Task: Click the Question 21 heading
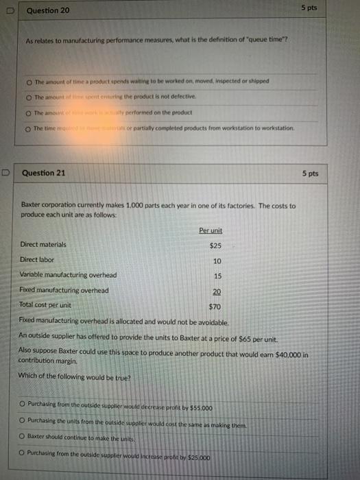(x=44, y=173)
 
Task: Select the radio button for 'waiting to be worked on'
(x=30, y=81)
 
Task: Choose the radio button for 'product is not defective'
(x=30, y=97)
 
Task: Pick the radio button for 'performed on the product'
(x=30, y=112)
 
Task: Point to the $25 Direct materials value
(x=216, y=245)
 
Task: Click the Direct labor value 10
(x=217, y=261)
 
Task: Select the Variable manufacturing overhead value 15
(x=217, y=276)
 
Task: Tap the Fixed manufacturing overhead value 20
(x=217, y=291)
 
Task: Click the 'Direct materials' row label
(x=43, y=244)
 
